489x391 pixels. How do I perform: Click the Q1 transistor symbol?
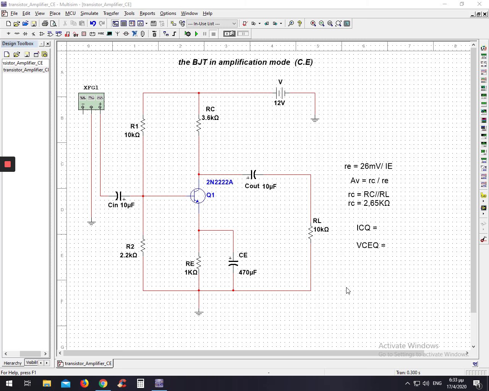pos(198,195)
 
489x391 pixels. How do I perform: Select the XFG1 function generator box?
pos(91,101)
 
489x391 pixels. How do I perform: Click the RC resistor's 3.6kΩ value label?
pos(210,118)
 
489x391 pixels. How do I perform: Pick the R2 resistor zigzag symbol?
pos(143,245)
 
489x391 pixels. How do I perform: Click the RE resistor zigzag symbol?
pos(199,263)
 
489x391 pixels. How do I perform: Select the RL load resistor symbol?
pos(311,232)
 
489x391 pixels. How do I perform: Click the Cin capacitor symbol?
pos(119,196)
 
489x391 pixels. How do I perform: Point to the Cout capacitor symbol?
pos(253,174)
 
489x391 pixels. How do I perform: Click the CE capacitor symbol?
pos(233,262)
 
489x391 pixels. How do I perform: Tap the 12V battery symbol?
pos(280,93)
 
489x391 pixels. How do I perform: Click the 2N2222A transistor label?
pos(220,182)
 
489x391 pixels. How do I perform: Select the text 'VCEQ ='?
pos(371,245)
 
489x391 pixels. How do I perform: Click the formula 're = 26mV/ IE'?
pos(368,166)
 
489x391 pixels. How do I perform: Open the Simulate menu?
pos(89,13)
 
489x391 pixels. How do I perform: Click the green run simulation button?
pos(196,34)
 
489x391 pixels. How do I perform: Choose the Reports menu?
pos(147,13)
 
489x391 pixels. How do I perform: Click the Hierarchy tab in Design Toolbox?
pos(13,363)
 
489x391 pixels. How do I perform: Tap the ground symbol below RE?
pos(199,313)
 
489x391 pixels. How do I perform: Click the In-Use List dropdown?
pos(212,24)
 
